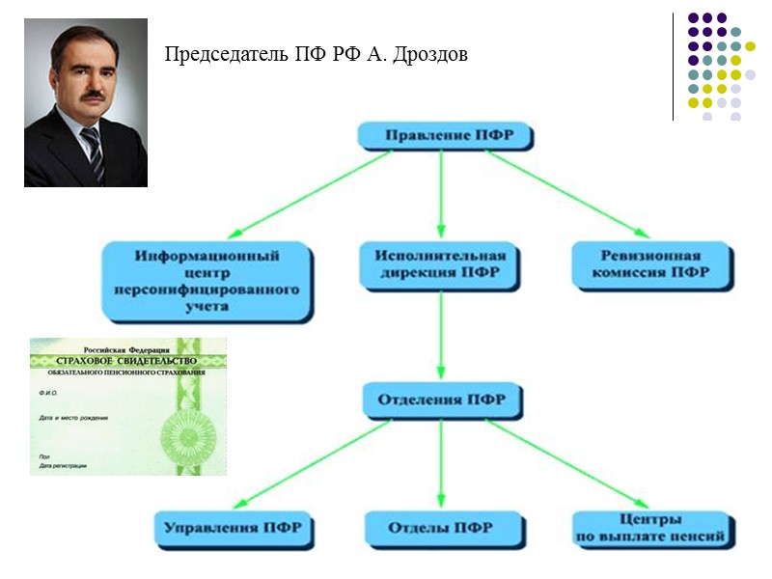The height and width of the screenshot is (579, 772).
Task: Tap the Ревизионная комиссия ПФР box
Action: (x=649, y=264)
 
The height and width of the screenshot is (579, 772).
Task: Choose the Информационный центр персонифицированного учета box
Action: (x=207, y=281)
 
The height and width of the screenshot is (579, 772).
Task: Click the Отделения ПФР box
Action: (x=442, y=398)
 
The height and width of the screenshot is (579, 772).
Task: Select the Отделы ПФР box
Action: (x=440, y=528)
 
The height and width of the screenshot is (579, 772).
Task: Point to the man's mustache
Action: (x=91, y=96)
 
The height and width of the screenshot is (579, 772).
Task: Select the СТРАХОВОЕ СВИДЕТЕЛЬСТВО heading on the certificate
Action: (x=128, y=361)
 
